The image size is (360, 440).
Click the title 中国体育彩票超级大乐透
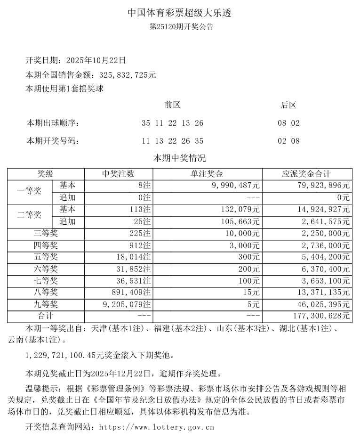(x=180, y=13)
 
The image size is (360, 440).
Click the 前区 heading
(x=173, y=105)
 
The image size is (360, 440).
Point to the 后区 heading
(x=288, y=105)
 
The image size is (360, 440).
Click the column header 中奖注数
(x=118, y=174)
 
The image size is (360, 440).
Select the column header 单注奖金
(x=207, y=174)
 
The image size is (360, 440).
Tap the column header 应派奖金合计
(x=306, y=174)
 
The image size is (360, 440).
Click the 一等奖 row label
(x=29, y=191)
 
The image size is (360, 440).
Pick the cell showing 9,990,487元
(x=232, y=186)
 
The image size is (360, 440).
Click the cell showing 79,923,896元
(x=320, y=186)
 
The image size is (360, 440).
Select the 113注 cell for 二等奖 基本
(x=141, y=209)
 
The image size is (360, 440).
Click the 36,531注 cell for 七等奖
(x=132, y=281)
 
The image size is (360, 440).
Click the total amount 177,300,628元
(x=319, y=316)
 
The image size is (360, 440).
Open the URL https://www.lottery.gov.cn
(x=155, y=427)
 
